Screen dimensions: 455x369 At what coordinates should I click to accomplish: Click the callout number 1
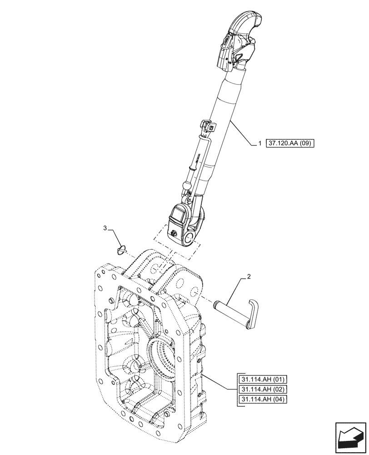259,143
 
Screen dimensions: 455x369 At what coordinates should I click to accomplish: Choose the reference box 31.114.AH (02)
259,390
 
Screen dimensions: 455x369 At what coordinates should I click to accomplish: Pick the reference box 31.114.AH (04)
259,399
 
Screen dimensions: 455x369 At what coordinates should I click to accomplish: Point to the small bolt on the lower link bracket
175,234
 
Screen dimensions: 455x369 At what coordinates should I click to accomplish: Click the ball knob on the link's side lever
187,185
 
